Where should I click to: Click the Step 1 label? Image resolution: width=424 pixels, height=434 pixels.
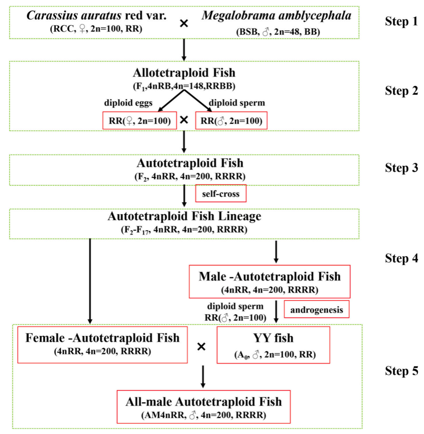401,22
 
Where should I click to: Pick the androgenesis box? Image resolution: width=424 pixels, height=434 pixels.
317,310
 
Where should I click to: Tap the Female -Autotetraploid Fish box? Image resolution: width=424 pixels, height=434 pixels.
102,345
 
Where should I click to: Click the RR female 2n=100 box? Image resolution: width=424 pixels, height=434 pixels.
139,121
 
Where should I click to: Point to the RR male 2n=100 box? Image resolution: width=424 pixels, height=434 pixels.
228,121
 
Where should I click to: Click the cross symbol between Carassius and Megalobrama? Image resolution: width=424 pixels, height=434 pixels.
184,23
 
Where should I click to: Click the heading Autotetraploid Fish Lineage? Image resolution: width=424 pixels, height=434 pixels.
184,216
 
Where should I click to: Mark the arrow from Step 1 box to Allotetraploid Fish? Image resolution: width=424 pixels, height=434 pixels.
184,50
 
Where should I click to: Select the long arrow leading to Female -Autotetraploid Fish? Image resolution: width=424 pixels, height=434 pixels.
90,280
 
